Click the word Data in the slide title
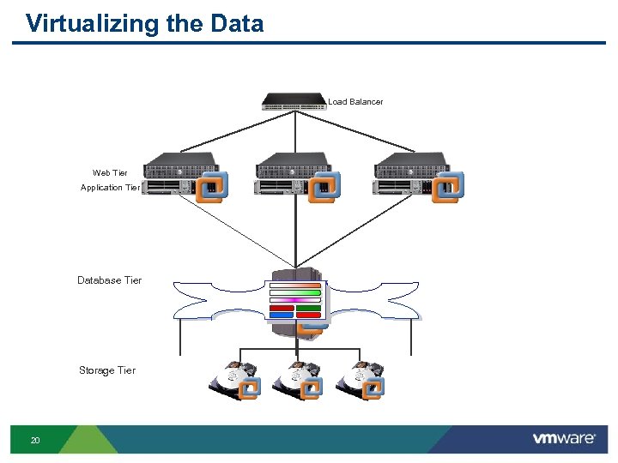click(236, 23)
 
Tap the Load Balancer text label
click(355, 102)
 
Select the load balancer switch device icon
click(294, 102)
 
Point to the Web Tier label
click(110, 173)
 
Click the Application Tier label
click(110, 188)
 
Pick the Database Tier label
click(109, 280)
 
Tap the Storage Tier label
click(106, 370)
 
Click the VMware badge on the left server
click(211, 187)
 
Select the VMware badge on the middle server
click(324, 187)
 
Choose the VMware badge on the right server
click(447, 187)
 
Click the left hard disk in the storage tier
click(233, 380)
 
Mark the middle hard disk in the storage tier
click(297, 380)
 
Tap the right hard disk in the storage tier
click(359, 380)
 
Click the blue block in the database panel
click(282, 315)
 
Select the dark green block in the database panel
click(308, 307)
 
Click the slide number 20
click(35, 441)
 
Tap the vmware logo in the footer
click(563, 439)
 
